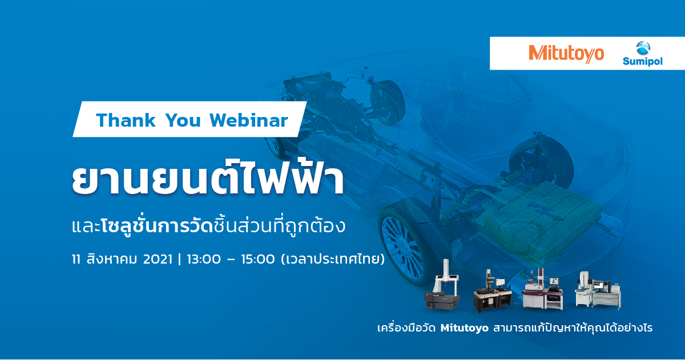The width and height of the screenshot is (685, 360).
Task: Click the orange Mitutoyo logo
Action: [x=566, y=54]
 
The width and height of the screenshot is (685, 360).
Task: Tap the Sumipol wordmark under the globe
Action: [x=643, y=62]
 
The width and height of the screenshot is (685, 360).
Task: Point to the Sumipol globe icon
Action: [x=643, y=48]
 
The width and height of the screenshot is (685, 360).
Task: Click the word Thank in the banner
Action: [x=126, y=120]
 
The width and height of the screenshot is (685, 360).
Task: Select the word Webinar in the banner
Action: [x=249, y=120]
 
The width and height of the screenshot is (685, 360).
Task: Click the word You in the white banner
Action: [x=183, y=120]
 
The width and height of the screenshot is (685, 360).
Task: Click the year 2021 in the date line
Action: [x=158, y=259]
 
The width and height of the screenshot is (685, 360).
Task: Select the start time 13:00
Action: [x=204, y=259]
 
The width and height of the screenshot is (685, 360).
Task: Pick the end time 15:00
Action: [x=258, y=259]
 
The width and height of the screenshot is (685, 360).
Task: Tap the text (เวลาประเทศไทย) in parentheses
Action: [x=333, y=259]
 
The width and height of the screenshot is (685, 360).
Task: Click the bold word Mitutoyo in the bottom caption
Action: [x=465, y=328]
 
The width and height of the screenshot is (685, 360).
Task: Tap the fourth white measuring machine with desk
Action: [x=598, y=290]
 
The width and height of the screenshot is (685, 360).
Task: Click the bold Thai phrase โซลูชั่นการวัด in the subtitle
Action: [x=156, y=226]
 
